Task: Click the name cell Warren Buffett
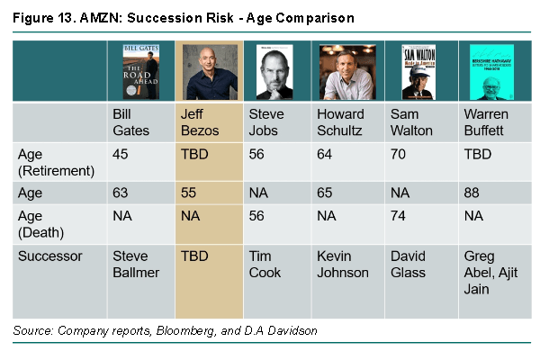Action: point(486,121)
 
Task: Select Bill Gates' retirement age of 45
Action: point(121,154)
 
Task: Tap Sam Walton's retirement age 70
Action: point(400,154)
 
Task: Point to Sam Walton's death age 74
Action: point(400,216)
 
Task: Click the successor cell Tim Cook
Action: point(265,264)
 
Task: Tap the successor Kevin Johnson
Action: point(343,264)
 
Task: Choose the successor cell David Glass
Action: point(409,264)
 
